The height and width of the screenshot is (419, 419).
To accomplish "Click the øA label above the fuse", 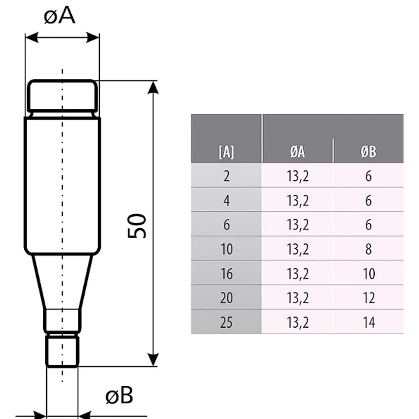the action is (59, 16).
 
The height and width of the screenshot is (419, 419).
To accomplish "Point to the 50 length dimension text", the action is (137, 226).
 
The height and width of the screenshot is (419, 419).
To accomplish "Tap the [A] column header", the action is (226, 152).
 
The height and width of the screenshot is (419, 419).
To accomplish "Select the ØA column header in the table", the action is (297, 152).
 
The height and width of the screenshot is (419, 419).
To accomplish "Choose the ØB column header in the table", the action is (368, 152).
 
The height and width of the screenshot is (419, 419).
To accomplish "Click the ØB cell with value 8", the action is (368, 249).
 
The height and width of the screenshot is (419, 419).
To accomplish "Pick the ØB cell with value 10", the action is (369, 274).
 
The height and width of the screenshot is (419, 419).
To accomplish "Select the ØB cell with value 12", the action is (369, 298).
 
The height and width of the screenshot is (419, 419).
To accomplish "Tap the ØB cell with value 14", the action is (369, 322).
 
